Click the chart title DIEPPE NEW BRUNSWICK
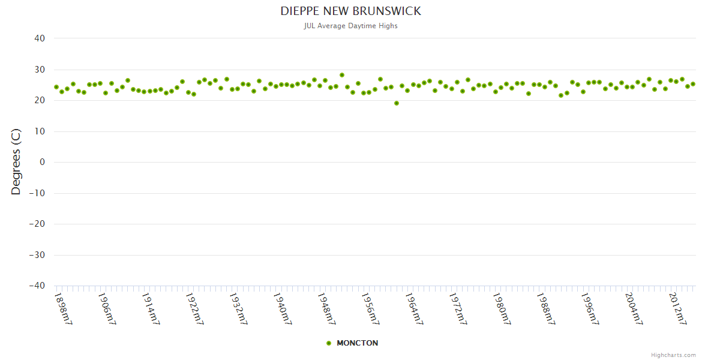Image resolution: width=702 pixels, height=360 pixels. pos(351,11)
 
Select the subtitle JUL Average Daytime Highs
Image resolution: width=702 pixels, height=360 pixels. pos(351,26)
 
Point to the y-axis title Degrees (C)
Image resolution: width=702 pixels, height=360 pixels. pos(16,162)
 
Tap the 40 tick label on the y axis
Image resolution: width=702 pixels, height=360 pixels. pos(40,38)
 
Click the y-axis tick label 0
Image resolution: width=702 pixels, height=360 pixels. pos(43,162)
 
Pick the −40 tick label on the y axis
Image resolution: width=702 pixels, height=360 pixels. pos(37,286)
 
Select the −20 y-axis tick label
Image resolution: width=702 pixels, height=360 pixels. pos(37,224)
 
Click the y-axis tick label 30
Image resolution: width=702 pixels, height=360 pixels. pos(40,70)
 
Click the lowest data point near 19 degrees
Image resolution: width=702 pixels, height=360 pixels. pos(397,103)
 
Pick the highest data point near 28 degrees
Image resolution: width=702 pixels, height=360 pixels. pos(342,75)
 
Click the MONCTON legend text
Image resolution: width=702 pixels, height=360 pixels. pos(358,343)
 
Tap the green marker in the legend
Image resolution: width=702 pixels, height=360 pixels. pos(329,343)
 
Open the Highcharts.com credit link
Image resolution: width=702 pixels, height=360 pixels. pos(673,355)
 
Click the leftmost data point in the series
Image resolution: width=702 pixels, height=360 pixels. pos(56,87)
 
